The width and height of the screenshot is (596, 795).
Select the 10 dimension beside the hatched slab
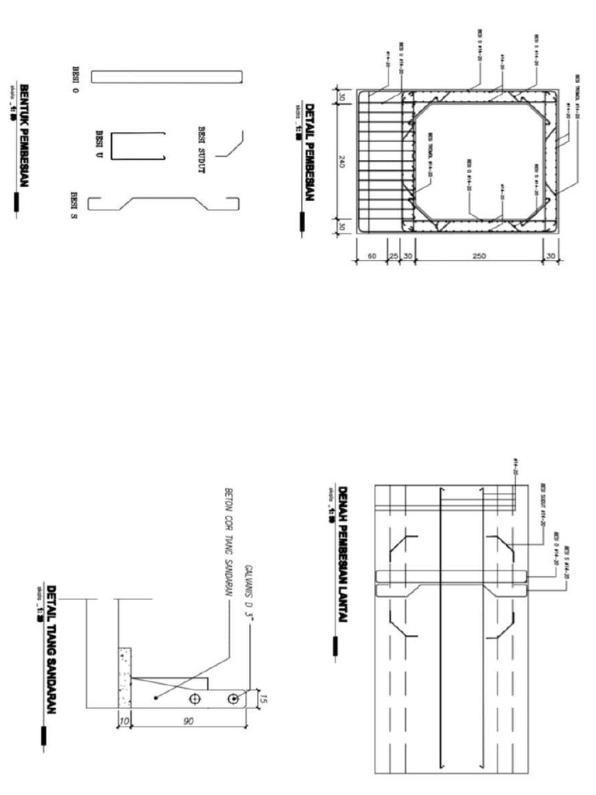click(123, 721)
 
